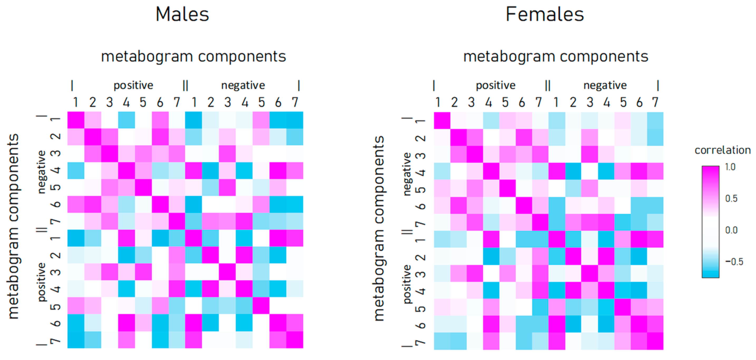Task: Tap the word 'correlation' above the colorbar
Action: pyautogui.click(x=722, y=150)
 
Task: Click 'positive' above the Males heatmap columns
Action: pyautogui.click(x=133, y=85)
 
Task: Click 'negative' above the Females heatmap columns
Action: pyautogui.click(x=605, y=85)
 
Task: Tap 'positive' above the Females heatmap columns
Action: pyautogui.click(x=495, y=85)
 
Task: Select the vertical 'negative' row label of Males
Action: pyautogui.click(x=42, y=172)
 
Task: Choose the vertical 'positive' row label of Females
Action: pyautogui.click(x=407, y=284)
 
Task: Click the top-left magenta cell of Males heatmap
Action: pyautogui.click(x=76, y=120)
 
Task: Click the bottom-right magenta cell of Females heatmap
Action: pyautogui.click(x=655, y=341)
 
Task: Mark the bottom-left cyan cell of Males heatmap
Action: pyautogui.click(x=76, y=340)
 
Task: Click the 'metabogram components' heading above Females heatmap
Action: pyautogui.click(x=556, y=56)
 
